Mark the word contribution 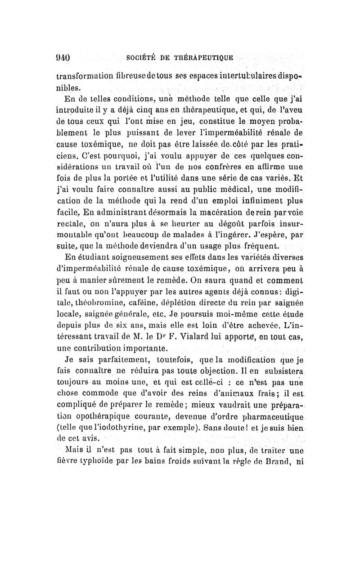click(x=104, y=348)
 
